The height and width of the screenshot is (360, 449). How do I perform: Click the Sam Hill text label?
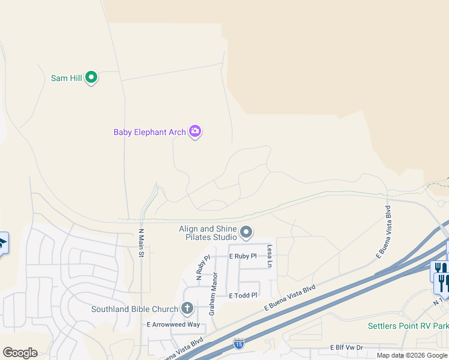tap(66, 78)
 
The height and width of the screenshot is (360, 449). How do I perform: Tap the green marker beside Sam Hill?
tap(91, 77)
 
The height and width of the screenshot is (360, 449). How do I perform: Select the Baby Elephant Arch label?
tap(149, 132)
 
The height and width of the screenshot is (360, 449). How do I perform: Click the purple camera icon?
tap(194, 131)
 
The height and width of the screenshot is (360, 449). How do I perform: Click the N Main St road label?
tap(142, 243)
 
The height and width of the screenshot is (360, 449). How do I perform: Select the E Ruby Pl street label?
tap(243, 256)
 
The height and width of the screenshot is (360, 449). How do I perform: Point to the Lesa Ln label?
tap(270, 256)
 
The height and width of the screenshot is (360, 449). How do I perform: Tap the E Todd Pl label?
tap(243, 295)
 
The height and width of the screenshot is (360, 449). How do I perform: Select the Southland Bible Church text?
tap(134, 310)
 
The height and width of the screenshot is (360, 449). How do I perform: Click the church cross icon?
tap(187, 310)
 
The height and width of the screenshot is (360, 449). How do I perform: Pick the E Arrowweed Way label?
tap(173, 325)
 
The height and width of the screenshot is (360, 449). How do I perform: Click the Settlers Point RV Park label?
tap(408, 326)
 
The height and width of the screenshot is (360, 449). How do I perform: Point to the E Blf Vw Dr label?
tap(346, 347)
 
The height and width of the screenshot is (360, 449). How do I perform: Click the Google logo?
tap(20, 353)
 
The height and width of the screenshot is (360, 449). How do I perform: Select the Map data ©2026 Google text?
tap(412, 355)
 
